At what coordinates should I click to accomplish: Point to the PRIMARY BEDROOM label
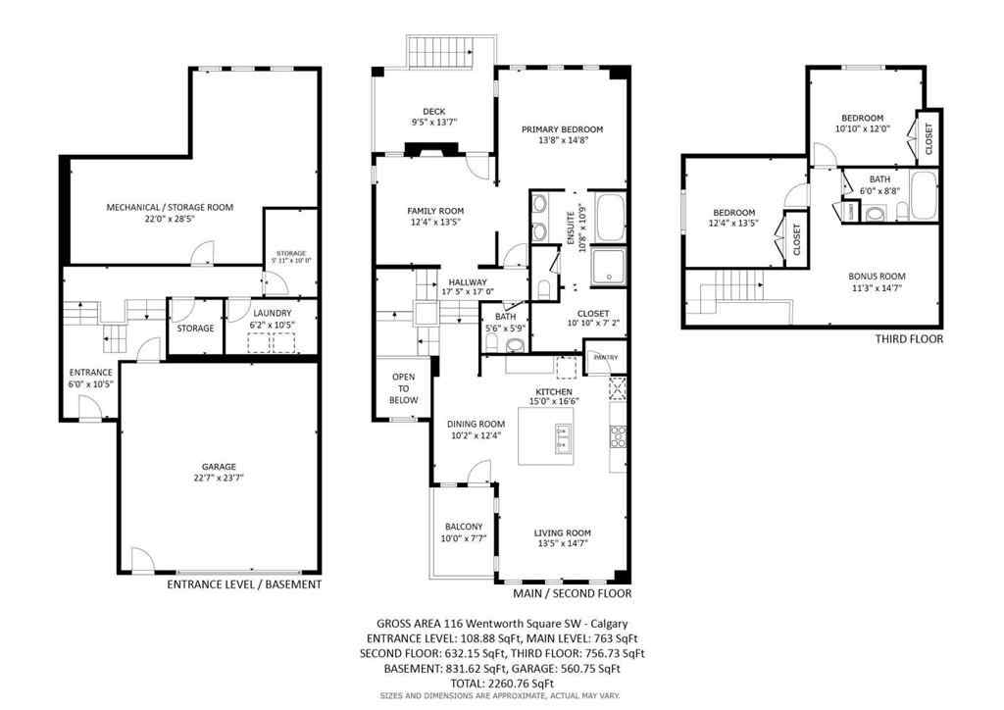(562, 129)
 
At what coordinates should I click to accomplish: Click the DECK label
(434, 111)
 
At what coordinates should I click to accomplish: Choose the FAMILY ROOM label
(435, 211)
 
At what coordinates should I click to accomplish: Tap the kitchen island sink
(564, 438)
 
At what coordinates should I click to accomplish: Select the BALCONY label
(463, 526)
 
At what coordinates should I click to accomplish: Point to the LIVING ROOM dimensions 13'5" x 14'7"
(563, 544)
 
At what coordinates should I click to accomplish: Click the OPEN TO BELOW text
(404, 388)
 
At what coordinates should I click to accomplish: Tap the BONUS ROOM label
(877, 277)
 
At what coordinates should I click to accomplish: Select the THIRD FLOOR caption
(909, 339)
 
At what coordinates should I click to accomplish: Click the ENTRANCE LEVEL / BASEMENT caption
(244, 584)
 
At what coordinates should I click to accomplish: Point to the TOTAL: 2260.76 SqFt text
(502, 684)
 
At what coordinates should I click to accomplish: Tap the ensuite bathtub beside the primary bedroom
(610, 216)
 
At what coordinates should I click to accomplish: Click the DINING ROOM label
(476, 425)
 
